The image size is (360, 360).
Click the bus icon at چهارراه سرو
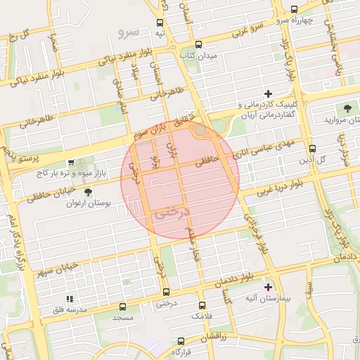click(x=294, y=10)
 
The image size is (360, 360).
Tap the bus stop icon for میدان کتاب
click(x=199, y=43)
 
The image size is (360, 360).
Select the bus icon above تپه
click(x=160, y=22)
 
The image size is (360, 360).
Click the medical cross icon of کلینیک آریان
click(x=267, y=94)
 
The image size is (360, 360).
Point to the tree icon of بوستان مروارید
click(x=347, y=108)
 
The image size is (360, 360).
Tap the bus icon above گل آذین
click(x=313, y=148)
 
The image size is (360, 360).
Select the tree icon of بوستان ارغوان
click(x=87, y=193)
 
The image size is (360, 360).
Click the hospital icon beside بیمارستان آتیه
click(x=267, y=287)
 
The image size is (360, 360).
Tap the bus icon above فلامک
click(x=202, y=305)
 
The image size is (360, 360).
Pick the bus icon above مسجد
click(x=123, y=307)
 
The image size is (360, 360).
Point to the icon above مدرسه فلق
click(x=69, y=299)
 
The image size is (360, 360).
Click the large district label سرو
click(x=130, y=32)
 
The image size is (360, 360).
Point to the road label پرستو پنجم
click(x=12, y=152)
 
